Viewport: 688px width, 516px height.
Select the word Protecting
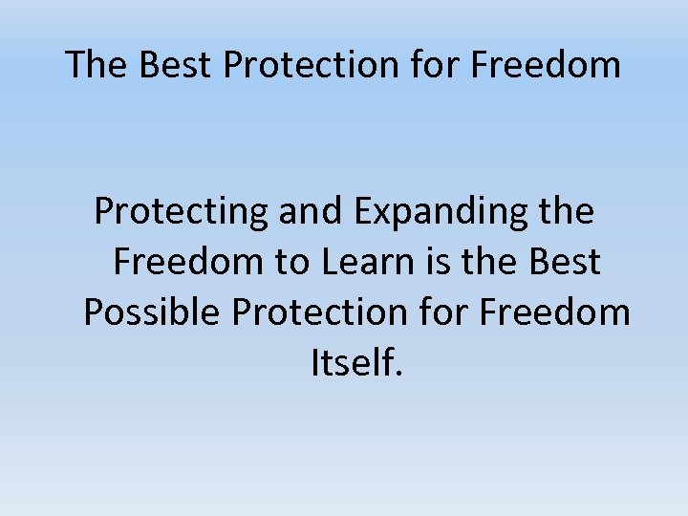pyautogui.click(x=182, y=212)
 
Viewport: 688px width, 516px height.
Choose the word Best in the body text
pyautogui.click(x=566, y=262)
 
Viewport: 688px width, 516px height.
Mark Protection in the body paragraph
pyautogui.click(x=323, y=312)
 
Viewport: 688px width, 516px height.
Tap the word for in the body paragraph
pyautogui.click(x=445, y=312)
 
